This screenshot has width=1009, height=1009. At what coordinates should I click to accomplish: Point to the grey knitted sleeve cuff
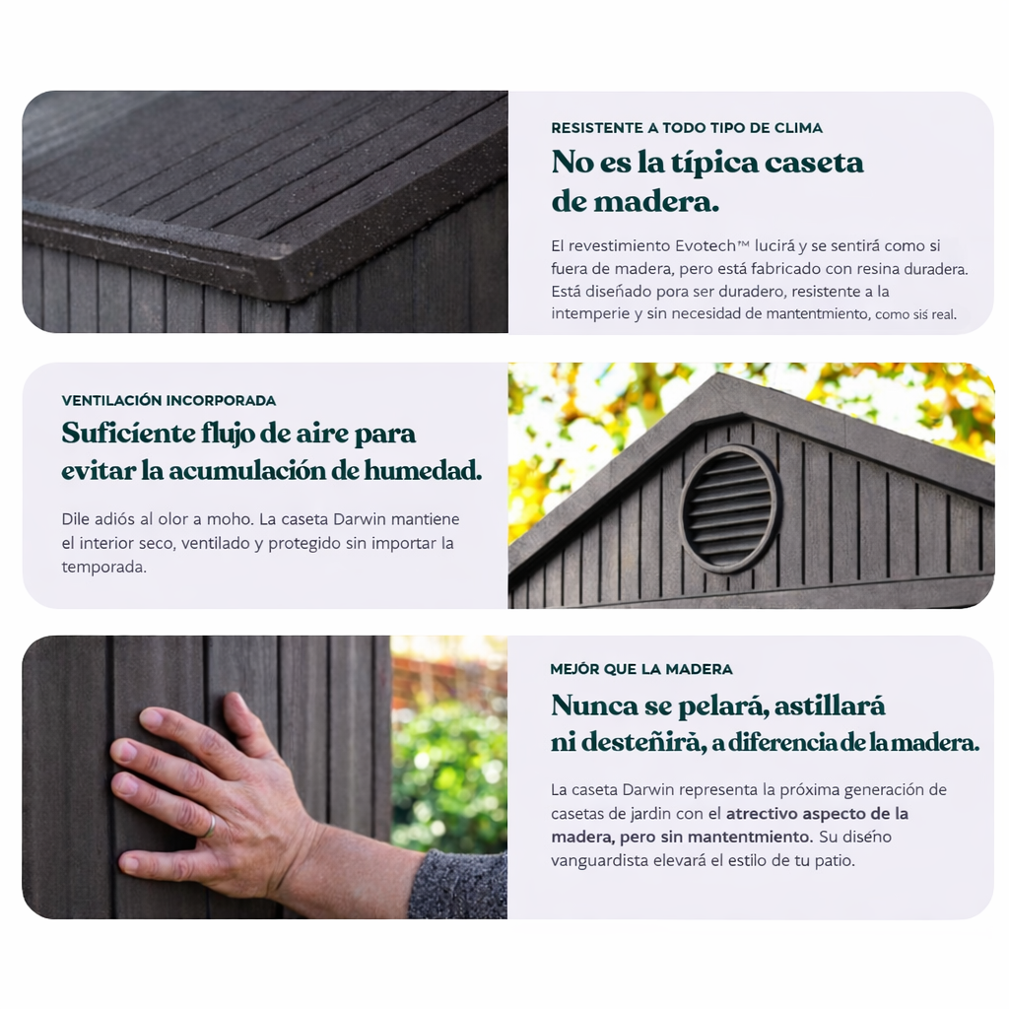pyautogui.click(x=458, y=885)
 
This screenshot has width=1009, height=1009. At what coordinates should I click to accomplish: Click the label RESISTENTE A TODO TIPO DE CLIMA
pyautogui.click(x=687, y=128)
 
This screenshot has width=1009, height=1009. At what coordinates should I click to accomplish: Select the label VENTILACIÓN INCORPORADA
pyautogui.click(x=168, y=400)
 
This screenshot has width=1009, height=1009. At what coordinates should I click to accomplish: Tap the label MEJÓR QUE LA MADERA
pyautogui.click(x=641, y=669)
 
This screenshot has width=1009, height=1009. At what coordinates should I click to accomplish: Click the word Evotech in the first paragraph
pyautogui.click(x=706, y=245)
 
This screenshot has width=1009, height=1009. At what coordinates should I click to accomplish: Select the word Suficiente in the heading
pyautogui.click(x=127, y=434)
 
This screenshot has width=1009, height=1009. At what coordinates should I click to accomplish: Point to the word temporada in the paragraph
pyautogui.click(x=103, y=568)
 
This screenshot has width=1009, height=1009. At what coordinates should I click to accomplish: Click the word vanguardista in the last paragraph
pyautogui.click(x=599, y=861)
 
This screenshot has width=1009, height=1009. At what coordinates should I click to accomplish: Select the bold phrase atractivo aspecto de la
pyautogui.click(x=817, y=813)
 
